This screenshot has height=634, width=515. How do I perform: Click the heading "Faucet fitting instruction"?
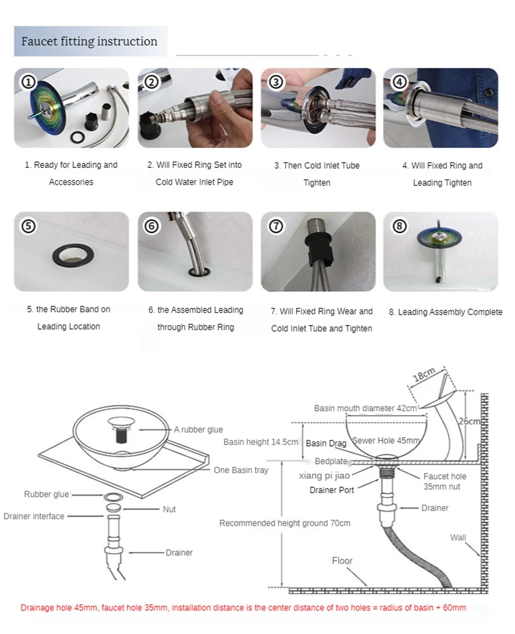pyautogui.click(x=89, y=42)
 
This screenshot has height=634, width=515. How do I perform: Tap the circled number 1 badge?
pyautogui.click(x=28, y=82)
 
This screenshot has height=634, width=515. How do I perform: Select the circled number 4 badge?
pyautogui.click(x=399, y=82)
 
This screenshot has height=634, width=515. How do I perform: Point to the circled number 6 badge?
pyautogui.click(x=152, y=226)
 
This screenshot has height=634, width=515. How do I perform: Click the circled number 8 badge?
pyautogui.click(x=399, y=226)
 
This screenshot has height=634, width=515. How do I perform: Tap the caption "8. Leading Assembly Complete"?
pyautogui.click(x=445, y=312)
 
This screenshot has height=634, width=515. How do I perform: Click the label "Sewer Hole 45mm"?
pyautogui.click(x=386, y=441)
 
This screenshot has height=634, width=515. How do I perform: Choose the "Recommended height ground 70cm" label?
pyautogui.click(x=285, y=523)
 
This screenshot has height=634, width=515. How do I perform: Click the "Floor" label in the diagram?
pyautogui.click(x=342, y=561)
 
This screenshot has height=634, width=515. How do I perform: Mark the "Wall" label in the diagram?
pyautogui.click(x=458, y=537)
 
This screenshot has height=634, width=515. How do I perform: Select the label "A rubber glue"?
pyautogui.click(x=198, y=430)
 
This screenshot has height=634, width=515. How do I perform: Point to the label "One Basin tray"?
pyautogui.click(x=241, y=470)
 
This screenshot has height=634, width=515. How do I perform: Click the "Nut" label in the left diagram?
pyautogui.click(x=169, y=509)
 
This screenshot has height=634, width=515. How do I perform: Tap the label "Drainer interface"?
pyautogui.click(x=33, y=516)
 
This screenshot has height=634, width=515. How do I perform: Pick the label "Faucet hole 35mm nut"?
pyautogui.click(x=445, y=481)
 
